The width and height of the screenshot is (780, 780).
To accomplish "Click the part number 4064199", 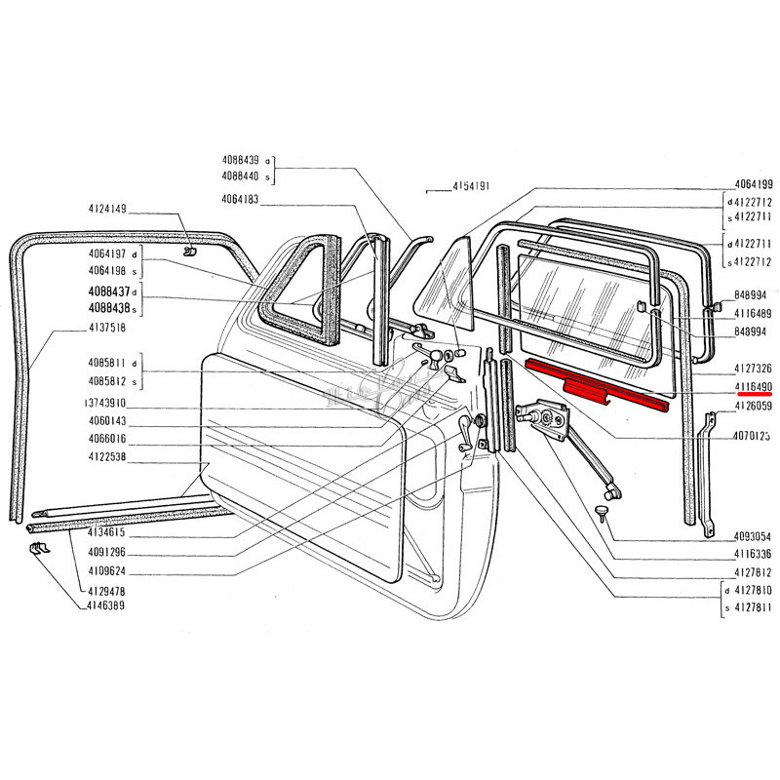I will tap(754, 185).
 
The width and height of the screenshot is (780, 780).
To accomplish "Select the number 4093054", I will tap(754, 536).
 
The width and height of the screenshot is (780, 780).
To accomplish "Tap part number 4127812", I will tap(754, 572).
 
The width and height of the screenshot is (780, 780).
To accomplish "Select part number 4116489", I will tap(754, 313).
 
